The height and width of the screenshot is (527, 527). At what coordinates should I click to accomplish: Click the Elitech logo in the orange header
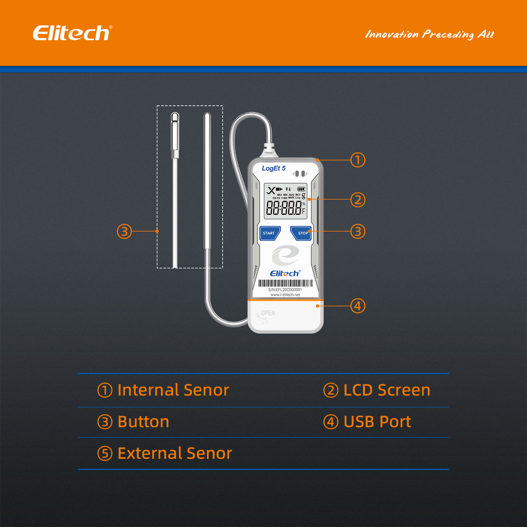72,33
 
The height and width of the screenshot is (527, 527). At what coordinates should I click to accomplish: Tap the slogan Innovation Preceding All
429,35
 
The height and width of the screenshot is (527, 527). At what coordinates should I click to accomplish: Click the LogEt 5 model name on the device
274,168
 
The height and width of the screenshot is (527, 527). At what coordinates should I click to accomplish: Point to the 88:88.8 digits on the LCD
284,208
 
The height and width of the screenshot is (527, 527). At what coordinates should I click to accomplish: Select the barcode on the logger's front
285,283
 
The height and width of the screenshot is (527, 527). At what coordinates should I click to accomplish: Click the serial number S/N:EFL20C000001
285,289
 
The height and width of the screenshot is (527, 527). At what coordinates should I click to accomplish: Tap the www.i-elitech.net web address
285,295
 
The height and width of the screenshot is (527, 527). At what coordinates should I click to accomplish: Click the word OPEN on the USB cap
268,313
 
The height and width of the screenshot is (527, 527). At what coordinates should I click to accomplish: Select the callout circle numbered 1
358,160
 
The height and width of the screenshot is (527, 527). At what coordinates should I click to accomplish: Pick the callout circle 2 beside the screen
358,200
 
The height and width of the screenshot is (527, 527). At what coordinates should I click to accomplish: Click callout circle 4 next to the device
358,306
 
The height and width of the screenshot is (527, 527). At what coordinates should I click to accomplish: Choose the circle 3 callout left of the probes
124,231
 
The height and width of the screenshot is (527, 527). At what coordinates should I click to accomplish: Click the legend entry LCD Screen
387,390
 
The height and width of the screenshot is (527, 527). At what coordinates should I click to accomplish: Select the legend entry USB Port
377,422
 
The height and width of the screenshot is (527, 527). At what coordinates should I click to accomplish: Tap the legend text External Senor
175,453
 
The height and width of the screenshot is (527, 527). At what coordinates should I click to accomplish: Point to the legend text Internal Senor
173,390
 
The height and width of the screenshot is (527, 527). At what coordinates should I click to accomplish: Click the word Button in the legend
143,422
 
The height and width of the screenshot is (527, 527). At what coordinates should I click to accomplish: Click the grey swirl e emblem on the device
285,256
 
